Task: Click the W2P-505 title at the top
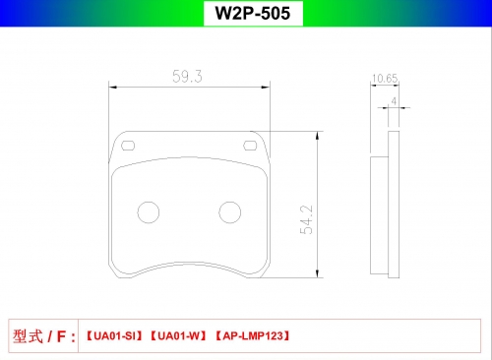(253, 13)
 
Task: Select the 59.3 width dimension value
(187, 77)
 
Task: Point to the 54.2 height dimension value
(306, 219)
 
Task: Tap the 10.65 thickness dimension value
(385, 79)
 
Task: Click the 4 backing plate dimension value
(394, 101)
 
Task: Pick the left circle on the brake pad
(149, 212)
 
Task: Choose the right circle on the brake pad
(230, 212)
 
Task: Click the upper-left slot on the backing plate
(128, 146)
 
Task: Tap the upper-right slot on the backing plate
(250, 146)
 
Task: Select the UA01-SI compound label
(114, 336)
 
